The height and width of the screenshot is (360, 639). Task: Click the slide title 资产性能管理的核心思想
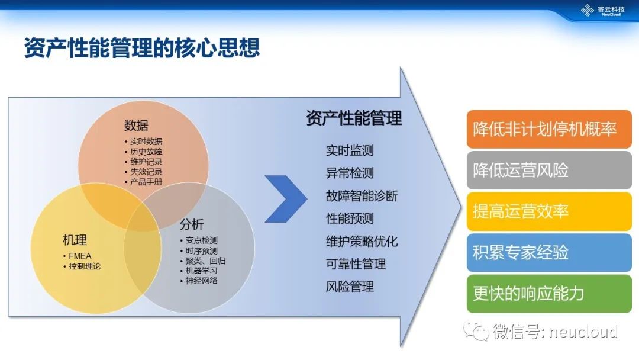[142, 48]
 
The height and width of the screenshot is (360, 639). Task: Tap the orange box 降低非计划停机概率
[549, 129]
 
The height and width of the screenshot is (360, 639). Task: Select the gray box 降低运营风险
[549, 170]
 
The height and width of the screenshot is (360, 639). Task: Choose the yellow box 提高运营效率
[549, 211]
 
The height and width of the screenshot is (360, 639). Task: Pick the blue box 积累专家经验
[549, 252]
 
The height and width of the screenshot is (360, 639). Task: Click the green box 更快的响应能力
[549, 294]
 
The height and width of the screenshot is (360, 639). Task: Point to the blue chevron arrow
[286, 199]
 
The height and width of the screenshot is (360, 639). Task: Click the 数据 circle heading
[136, 125]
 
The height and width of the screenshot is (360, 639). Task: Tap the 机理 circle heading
[75, 240]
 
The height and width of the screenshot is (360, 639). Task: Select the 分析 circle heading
[192, 224]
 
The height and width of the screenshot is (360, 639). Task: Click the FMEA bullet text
[80, 256]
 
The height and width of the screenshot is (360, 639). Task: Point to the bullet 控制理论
[85, 266]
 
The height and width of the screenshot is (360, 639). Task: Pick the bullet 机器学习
[201, 271]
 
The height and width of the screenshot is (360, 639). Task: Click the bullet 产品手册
[146, 182]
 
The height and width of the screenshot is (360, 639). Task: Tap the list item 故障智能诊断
[362, 196]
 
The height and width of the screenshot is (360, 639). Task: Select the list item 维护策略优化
[362, 242]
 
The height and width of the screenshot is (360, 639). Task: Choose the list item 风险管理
[350, 287]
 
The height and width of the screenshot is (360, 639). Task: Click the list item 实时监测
[350, 150]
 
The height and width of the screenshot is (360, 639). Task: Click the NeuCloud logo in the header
[603, 10]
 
